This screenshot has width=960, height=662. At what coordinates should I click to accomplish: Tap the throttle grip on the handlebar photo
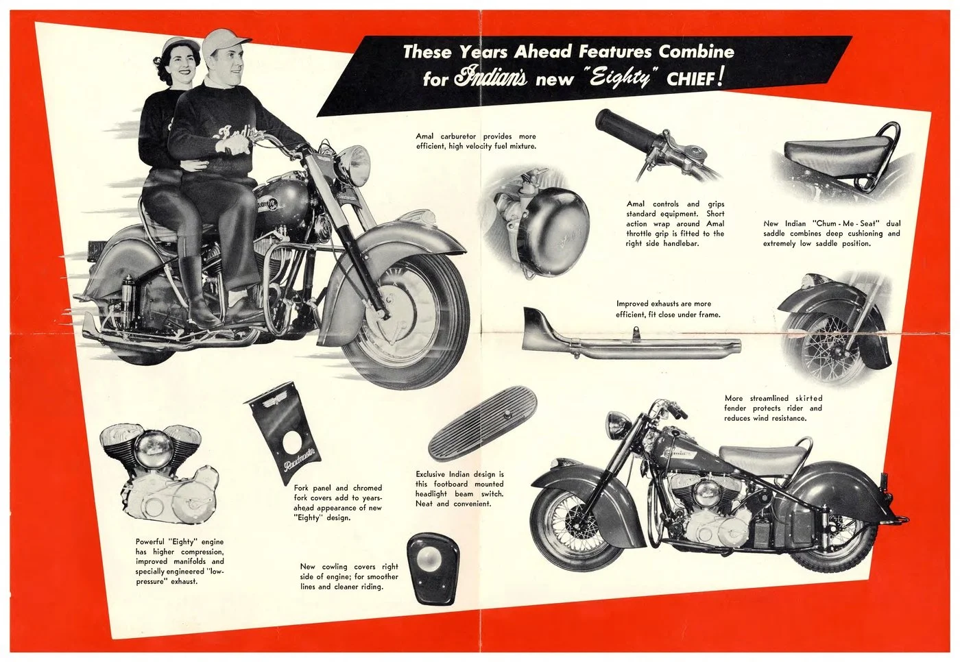[x=621, y=127]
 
